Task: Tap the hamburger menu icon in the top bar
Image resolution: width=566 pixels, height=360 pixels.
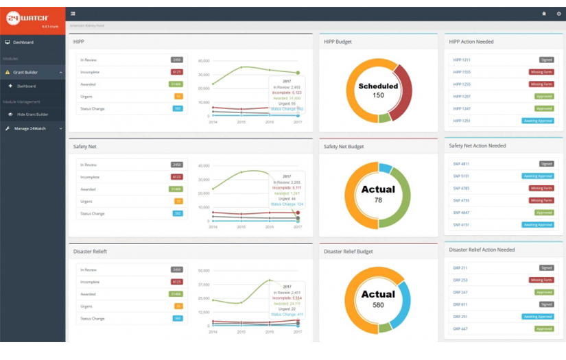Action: click(x=73, y=14)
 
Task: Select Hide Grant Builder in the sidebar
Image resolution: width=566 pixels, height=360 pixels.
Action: click(x=32, y=115)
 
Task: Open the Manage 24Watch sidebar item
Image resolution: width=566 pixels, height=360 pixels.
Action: click(x=30, y=128)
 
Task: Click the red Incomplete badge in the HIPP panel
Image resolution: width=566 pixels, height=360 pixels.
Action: click(x=177, y=72)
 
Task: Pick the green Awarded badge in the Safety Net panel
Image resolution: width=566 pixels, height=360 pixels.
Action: click(x=177, y=189)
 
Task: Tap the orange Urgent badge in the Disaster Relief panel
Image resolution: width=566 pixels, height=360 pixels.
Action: click(x=178, y=307)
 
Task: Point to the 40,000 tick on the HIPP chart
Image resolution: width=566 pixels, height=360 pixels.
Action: click(x=204, y=61)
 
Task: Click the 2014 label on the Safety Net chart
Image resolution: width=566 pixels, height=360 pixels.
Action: click(x=213, y=227)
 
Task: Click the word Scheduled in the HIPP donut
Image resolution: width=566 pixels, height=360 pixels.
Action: click(x=378, y=86)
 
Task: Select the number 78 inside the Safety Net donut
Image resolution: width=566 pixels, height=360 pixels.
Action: click(x=378, y=200)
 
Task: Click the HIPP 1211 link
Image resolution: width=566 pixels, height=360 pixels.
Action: click(x=462, y=60)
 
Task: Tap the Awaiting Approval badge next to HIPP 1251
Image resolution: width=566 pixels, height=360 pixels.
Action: click(x=538, y=121)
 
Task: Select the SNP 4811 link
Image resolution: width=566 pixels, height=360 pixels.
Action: click(x=461, y=165)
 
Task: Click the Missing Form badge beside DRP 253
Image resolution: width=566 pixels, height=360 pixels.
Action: click(x=541, y=280)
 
